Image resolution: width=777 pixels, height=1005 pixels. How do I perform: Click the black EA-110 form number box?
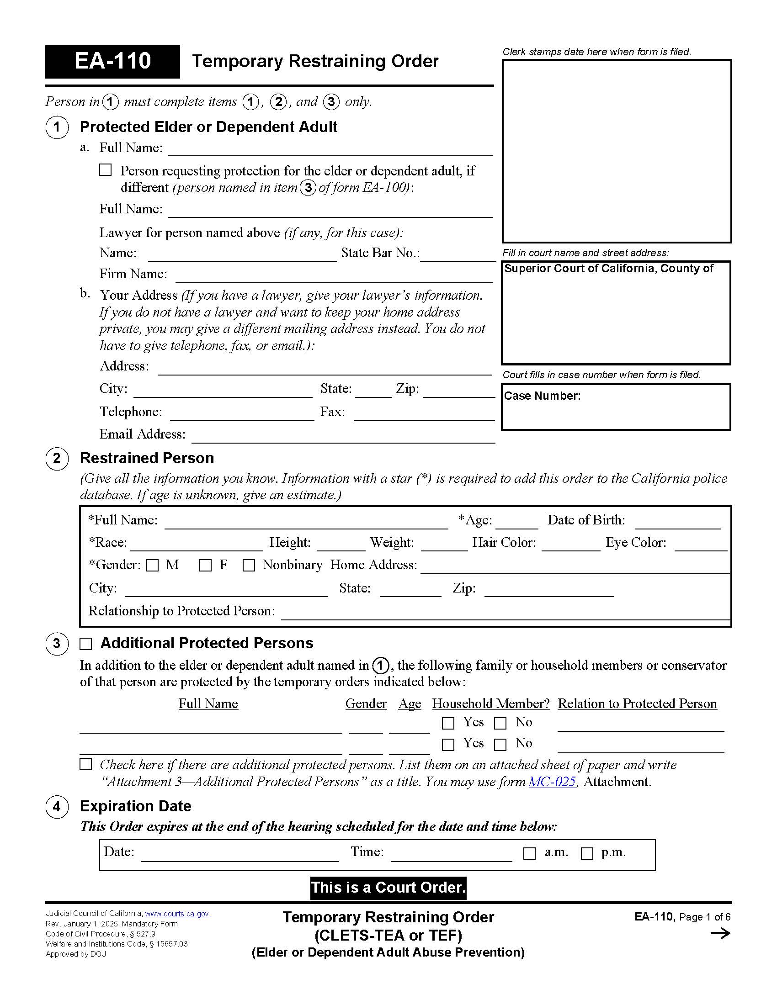pos(112,62)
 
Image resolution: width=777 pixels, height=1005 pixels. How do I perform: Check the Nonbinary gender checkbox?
pos(249,565)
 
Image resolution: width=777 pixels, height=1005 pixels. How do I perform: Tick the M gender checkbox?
pos(152,565)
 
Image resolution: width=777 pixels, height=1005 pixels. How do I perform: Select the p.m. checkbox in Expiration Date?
pos(587,854)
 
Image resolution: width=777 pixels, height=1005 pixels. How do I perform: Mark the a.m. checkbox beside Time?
pos(529,854)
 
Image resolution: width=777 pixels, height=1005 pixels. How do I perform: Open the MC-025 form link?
pos(552,782)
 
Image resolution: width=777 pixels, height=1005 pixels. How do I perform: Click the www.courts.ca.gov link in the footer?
pos(177,914)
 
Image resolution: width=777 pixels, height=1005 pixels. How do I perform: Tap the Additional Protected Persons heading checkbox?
pos(86,644)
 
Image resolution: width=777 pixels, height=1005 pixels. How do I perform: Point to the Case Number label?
pos(542,396)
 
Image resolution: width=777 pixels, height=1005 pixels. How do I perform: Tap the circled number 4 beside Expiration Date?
pos(57,807)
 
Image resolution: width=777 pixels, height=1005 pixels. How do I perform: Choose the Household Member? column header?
pos(491,703)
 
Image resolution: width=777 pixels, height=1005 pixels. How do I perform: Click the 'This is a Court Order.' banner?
pos(388,888)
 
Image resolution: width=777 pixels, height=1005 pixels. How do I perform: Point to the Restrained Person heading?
pos(147,458)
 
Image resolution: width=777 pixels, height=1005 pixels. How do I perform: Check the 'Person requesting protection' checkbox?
pos(106,170)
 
